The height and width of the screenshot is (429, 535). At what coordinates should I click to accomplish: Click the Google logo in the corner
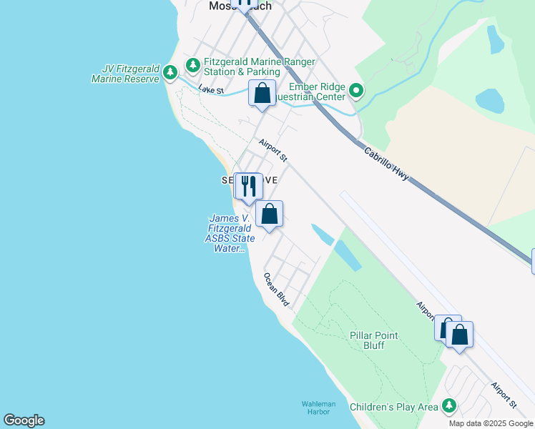[24, 420]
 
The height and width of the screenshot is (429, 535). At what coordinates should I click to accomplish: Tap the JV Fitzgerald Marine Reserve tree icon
[170, 72]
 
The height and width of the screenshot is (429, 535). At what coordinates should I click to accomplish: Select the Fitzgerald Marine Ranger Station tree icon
[192, 65]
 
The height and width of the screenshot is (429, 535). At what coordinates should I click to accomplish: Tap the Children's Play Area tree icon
[448, 406]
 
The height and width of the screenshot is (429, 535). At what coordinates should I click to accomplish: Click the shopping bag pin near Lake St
[262, 93]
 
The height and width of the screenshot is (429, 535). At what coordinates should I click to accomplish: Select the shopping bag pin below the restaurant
[269, 214]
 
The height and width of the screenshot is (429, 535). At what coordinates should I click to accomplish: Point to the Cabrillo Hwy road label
[386, 163]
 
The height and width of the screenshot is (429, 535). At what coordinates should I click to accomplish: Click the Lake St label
[211, 90]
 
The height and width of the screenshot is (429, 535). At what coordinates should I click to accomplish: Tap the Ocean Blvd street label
[276, 290]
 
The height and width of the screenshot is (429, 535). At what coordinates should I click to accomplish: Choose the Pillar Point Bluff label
[374, 340]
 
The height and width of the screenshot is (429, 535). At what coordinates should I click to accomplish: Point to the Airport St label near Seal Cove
[273, 149]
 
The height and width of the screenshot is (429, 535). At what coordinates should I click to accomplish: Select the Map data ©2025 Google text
[491, 423]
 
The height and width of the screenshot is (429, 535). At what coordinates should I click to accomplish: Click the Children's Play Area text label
[393, 407]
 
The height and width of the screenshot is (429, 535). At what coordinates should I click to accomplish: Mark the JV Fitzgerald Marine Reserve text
[126, 74]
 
